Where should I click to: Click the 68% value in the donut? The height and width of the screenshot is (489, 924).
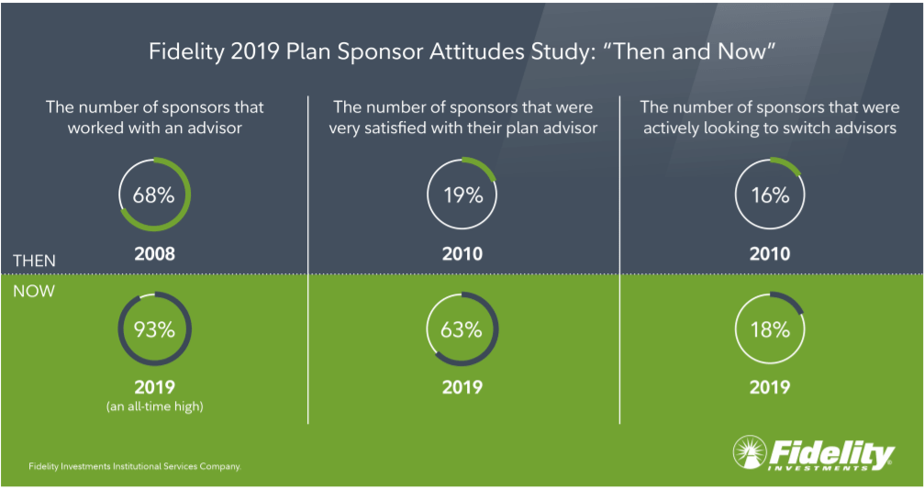(154, 195)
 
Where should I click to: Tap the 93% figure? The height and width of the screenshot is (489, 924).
(154, 329)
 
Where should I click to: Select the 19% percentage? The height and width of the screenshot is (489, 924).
(462, 195)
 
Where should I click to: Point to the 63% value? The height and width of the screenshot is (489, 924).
(462, 329)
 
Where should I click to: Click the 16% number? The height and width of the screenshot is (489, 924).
(770, 195)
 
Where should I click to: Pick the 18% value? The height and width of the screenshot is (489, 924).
(770, 329)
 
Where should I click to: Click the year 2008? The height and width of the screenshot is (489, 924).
(154, 253)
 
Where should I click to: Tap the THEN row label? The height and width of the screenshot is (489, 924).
(34, 261)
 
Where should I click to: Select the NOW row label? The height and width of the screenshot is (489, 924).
(34, 292)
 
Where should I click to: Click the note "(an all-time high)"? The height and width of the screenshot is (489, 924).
(154, 406)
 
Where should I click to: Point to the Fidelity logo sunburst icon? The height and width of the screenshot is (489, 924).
(749, 452)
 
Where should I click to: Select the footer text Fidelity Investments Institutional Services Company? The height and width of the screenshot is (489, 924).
(135, 466)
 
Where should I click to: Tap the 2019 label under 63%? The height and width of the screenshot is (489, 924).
(462, 387)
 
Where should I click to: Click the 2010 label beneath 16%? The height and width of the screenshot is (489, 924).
(770, 253)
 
